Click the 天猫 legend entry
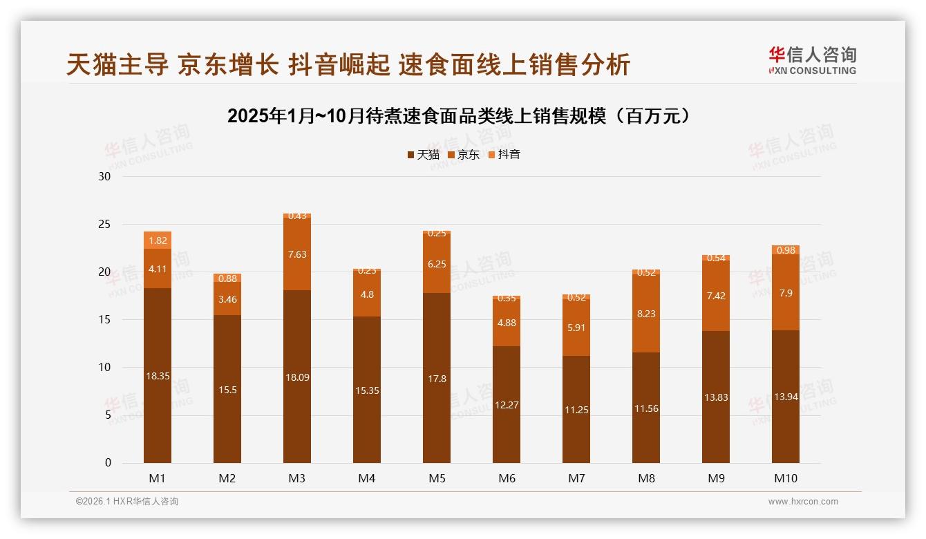423,155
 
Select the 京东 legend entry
464,155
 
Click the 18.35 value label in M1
158,376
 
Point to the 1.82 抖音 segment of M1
158,240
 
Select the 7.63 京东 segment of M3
297,254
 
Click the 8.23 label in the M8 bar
646,314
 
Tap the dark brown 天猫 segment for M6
507,405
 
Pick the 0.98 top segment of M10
786,249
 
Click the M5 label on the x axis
437,478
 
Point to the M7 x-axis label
576,478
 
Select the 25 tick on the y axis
104,225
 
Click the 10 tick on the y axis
104,368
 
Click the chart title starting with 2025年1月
460,116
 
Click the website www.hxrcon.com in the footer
803,502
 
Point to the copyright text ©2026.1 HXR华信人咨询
127,502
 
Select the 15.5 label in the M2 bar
227,390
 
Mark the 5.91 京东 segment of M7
576,328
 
